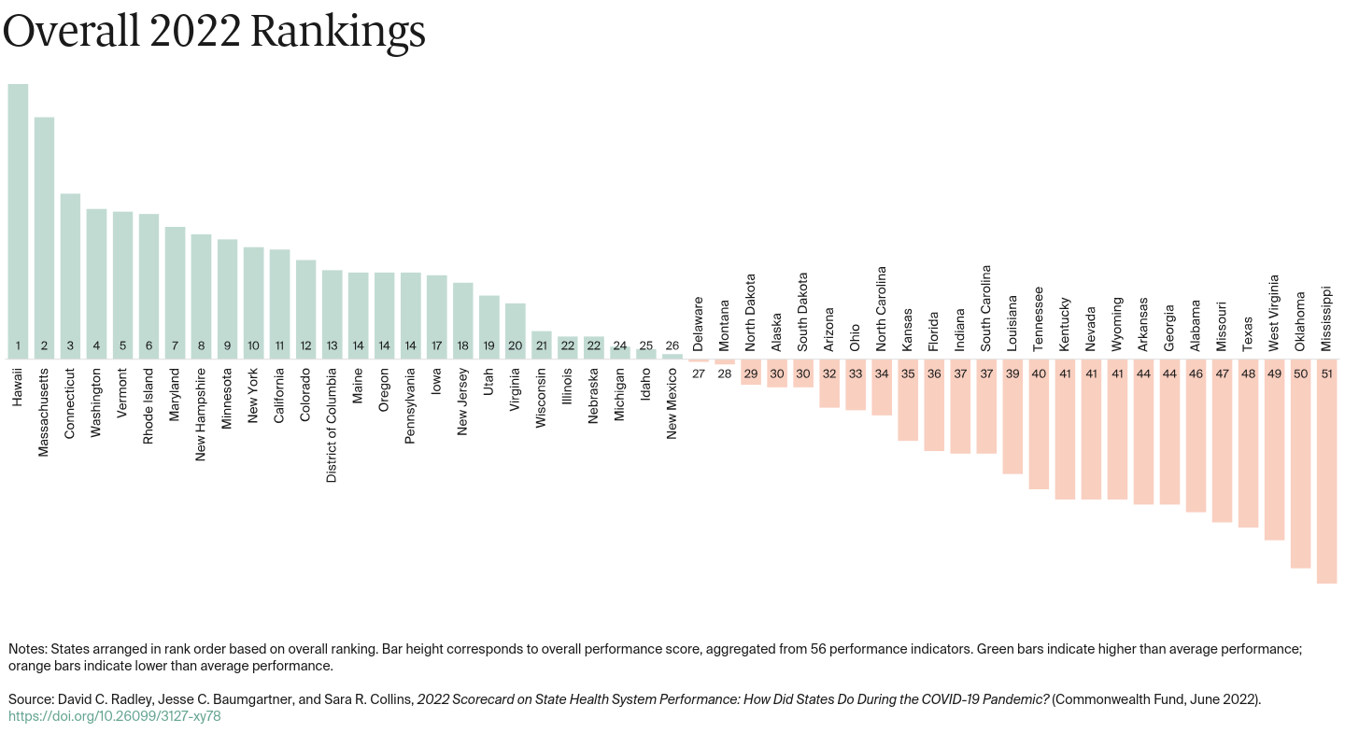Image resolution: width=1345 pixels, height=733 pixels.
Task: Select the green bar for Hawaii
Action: pos(18,215)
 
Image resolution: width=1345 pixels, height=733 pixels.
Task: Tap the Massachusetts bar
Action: pos(44,233)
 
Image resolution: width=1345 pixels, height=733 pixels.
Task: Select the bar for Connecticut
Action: pos(70,271)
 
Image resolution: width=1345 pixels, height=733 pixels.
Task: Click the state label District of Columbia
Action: pos(332,425)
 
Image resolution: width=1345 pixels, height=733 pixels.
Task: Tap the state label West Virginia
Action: pos(1273,313)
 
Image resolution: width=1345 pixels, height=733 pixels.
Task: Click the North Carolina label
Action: pos(881,309)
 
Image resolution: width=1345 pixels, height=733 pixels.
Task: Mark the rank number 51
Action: pos(1326,373)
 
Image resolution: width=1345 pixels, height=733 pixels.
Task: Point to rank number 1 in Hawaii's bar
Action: pos(18,345)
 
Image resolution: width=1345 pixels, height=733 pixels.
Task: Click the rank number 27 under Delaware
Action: pos(698,373)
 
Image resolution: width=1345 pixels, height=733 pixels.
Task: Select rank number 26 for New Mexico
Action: pos(672,345)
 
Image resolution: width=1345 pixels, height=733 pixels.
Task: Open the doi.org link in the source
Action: pos(115,716)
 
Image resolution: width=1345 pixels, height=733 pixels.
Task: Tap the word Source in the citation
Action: pos(30,699)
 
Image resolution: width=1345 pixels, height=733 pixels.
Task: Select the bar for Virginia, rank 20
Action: pos(515,327)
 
